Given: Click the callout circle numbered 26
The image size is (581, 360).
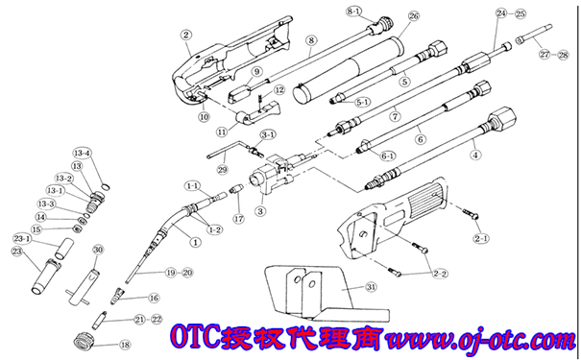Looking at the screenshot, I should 414,17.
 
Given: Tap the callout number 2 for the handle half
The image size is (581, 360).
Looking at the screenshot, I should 186,36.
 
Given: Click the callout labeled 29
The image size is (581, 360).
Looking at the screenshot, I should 222,170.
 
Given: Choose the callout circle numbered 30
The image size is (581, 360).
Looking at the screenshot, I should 97,250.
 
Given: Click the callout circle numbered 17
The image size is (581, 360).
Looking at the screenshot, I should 238,219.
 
